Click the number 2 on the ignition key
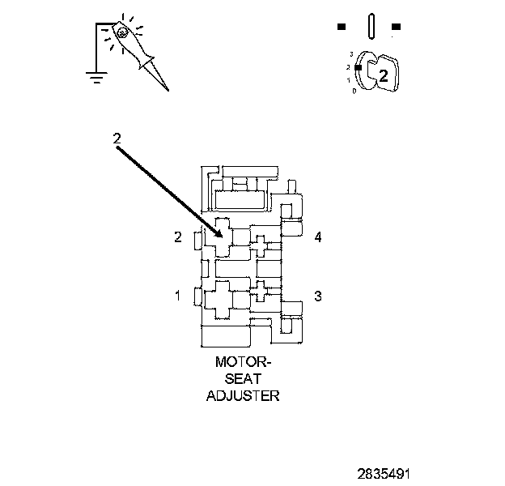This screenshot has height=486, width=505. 384,76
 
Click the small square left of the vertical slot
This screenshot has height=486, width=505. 342,27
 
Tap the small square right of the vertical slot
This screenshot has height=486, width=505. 394,27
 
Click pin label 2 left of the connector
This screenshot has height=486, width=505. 177,237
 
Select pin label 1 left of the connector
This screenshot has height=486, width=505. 177,296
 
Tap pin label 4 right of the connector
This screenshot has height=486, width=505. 318,237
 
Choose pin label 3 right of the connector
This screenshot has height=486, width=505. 318,296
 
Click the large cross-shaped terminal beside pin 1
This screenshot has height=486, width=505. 220,298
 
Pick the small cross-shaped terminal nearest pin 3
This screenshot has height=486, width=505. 263,292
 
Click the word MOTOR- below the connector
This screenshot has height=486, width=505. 242,362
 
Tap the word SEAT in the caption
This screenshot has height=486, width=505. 242,379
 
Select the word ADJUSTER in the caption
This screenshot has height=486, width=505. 242,396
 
